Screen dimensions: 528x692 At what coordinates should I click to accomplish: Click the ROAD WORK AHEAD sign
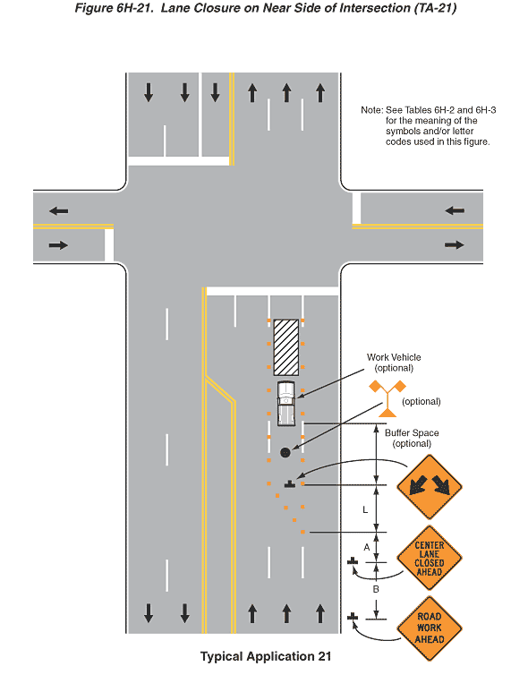(x=430, y=628)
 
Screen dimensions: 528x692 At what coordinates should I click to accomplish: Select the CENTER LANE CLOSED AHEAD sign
(x=430, y=558)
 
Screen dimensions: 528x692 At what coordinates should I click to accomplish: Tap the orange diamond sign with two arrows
(x=430, y=487)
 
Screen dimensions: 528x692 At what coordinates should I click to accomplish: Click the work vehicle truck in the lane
(x=285, y=404)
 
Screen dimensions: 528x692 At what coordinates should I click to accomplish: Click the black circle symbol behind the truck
(x=285, y=452)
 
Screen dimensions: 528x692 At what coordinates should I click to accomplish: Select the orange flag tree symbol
(x=387, y=398)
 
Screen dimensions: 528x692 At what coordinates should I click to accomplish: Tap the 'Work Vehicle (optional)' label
(x=394, y=363)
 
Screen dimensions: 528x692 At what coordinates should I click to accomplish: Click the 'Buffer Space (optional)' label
(x=412, y=438)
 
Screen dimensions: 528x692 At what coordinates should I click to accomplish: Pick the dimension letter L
(x=365, y=509)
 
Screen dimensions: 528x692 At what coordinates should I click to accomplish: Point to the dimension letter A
(x=367, y=547)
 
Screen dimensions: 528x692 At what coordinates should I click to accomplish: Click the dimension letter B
(x=376, y=589)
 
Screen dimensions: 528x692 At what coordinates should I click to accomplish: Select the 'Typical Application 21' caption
(x=266, y=656)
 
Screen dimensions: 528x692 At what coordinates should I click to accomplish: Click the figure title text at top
(x=266, y=8)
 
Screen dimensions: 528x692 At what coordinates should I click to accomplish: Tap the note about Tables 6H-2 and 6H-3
(x=428, y=126)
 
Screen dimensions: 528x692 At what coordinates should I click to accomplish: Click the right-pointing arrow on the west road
(x=58, y=245)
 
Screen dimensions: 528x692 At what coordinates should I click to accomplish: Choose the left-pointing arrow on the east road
(x=455, y=210)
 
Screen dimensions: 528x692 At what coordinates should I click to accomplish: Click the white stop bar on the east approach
(x=356, y=208)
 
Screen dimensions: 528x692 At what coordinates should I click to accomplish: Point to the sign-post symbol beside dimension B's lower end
(x=353, y=616)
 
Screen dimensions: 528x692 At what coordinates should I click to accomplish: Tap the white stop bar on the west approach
(x=109, y=245)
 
